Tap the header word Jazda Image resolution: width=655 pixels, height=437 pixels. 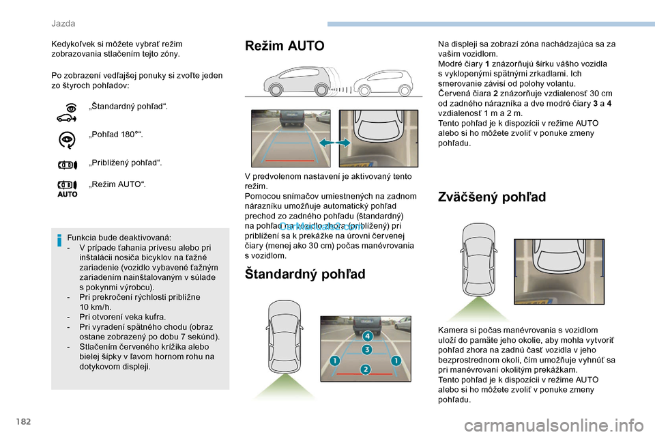63,23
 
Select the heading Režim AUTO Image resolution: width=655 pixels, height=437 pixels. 285,46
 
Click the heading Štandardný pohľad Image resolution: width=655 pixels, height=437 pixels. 305,274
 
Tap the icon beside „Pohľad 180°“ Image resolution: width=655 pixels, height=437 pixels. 67,139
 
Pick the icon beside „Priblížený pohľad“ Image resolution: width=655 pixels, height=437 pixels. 67,164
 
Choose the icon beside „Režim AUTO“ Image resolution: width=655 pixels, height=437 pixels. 67,188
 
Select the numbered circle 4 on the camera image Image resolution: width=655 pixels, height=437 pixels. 367,336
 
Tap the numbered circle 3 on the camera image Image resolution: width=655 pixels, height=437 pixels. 366,350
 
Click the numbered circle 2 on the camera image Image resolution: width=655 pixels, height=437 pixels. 366,369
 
